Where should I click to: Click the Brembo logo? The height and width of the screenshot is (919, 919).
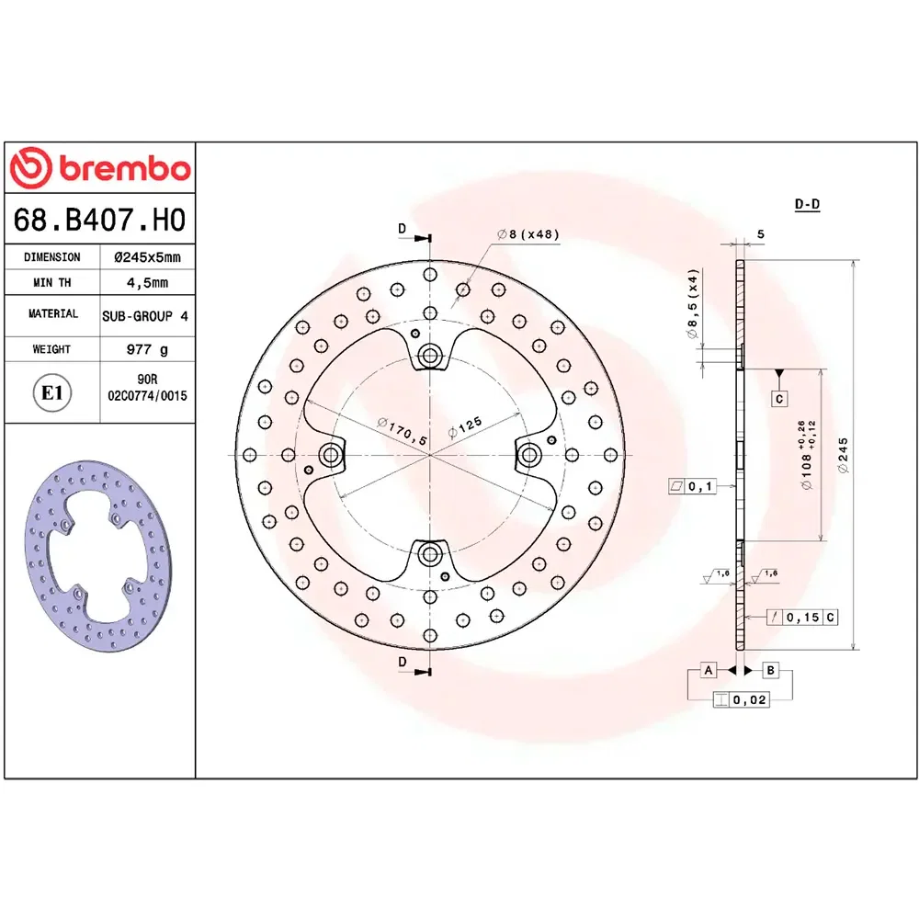100,168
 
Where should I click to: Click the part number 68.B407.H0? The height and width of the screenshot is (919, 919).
99,220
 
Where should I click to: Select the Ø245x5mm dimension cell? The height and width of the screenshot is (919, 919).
148,256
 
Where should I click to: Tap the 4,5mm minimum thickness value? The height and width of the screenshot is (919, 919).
148,282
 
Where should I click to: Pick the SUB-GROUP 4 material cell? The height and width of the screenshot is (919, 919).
145,316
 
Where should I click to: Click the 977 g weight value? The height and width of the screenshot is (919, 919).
148,349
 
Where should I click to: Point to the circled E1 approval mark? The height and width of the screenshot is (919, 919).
52,392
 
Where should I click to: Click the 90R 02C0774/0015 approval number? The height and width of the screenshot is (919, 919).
147,388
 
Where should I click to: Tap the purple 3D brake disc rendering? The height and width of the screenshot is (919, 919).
98,556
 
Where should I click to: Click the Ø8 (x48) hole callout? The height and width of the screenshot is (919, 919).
528,234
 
